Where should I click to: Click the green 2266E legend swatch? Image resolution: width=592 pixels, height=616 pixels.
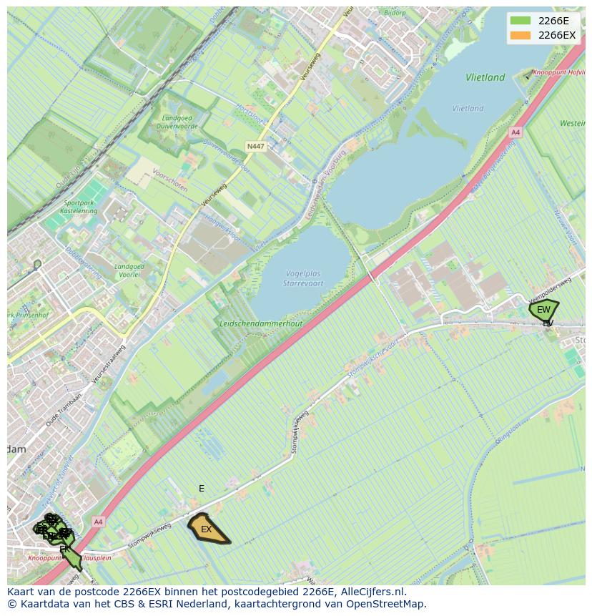pyautogui.click(x=520, y=21)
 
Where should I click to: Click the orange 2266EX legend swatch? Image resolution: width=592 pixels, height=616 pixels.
pyautogui.click(x=520, y=35)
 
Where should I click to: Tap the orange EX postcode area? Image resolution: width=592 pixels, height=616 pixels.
pyautogui.click(x=207, y=529)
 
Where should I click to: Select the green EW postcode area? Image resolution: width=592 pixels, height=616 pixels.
pyautogui.click(x=543, y=310)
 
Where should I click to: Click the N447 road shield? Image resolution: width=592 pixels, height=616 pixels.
pyautogui.click(x=255, y=147)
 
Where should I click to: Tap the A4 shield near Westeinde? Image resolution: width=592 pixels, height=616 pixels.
pyautogui.click(x=515, y=133)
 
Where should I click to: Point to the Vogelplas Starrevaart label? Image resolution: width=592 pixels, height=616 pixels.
pyautogui.click(x=303, y=278)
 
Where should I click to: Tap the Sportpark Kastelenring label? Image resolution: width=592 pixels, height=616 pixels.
pyautogui.click(x=79, y=207)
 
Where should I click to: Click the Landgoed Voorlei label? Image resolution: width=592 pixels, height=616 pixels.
pyautogui.click(x=129, y=271)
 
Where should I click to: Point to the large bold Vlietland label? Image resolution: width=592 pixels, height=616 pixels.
pyautogui.click(x=485, y=77)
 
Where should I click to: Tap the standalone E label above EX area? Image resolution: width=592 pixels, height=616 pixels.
pyautogui.click(x=202, y=489)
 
